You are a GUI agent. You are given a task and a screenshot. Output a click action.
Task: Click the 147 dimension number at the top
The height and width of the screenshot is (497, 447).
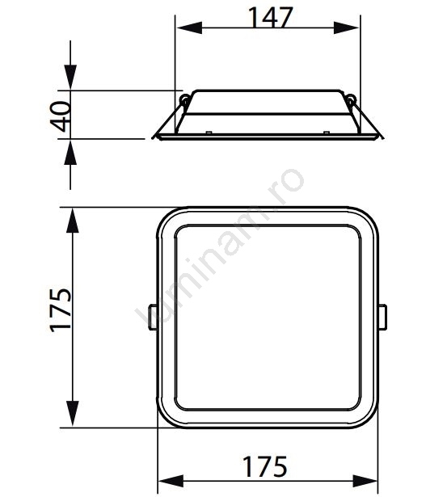coord(270,18)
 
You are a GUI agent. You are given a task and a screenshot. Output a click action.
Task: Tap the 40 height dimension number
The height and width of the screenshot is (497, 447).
coord(61,116)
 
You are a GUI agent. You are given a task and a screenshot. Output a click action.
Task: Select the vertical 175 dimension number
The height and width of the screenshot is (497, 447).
coord(61,310)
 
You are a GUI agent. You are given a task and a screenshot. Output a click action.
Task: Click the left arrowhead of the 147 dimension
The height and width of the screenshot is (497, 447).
coord(189,28)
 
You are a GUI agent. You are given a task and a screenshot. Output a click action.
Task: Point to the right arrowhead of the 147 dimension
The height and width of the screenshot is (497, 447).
coord(346,28)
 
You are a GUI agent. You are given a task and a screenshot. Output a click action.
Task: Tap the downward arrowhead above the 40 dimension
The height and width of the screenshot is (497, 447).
coord(70,77)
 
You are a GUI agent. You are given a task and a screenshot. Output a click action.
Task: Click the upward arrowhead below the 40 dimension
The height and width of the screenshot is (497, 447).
coord(70,153)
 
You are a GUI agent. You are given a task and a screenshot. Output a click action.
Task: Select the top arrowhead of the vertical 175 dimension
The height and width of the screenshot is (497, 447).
coord(73,221)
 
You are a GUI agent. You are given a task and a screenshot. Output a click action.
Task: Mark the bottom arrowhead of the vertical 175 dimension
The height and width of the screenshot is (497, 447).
coord(73,413)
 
